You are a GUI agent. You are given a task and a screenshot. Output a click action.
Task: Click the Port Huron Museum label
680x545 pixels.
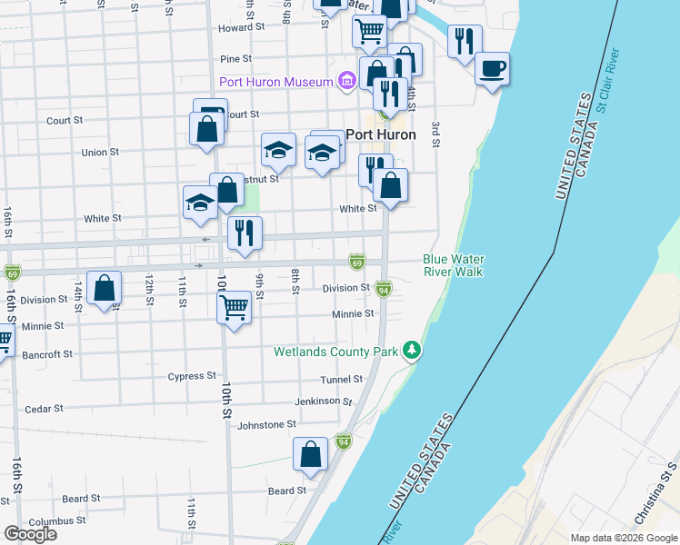[275, 83]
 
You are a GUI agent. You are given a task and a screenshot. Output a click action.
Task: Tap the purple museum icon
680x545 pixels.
[346, 83]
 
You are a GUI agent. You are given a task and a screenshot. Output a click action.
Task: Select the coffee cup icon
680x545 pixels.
[492, 69]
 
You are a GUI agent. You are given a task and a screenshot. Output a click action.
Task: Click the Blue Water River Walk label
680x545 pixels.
[452, 265]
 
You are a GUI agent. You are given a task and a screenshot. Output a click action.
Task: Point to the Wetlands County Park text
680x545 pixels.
[337, 351]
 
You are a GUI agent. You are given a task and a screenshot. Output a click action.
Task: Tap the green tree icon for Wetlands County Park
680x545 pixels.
[413, 350]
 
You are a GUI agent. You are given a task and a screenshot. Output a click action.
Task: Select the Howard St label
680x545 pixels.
[241, 28]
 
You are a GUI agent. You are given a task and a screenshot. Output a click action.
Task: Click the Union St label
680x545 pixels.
[100, 152]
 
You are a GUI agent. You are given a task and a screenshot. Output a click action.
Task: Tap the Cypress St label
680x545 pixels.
[193, 375]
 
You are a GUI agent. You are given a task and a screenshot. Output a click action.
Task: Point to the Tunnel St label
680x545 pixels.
[341, 380]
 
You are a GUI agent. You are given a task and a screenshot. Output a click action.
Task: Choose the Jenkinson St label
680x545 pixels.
[323, 401]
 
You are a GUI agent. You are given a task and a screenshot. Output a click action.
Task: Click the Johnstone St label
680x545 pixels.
[266, 424]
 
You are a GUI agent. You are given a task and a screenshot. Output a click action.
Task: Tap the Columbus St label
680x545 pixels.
[50, 521]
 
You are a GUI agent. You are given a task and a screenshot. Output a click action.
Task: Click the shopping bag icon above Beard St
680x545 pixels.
[310, 455]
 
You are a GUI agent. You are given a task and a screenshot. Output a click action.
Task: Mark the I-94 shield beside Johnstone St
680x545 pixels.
[343, 442]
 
